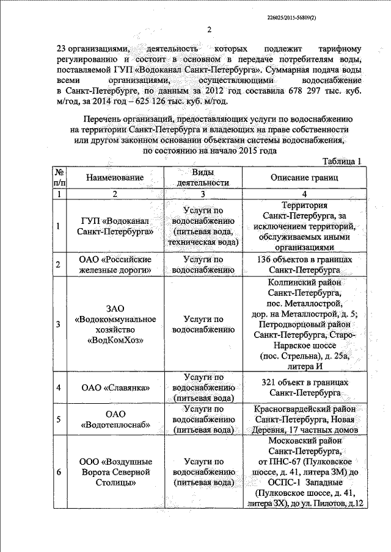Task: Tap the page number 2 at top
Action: (x=208, y=30)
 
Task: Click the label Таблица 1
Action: (x=342, y=161)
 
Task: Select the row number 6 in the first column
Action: (x=58, y=472)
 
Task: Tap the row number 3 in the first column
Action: (x=58, y=324)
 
